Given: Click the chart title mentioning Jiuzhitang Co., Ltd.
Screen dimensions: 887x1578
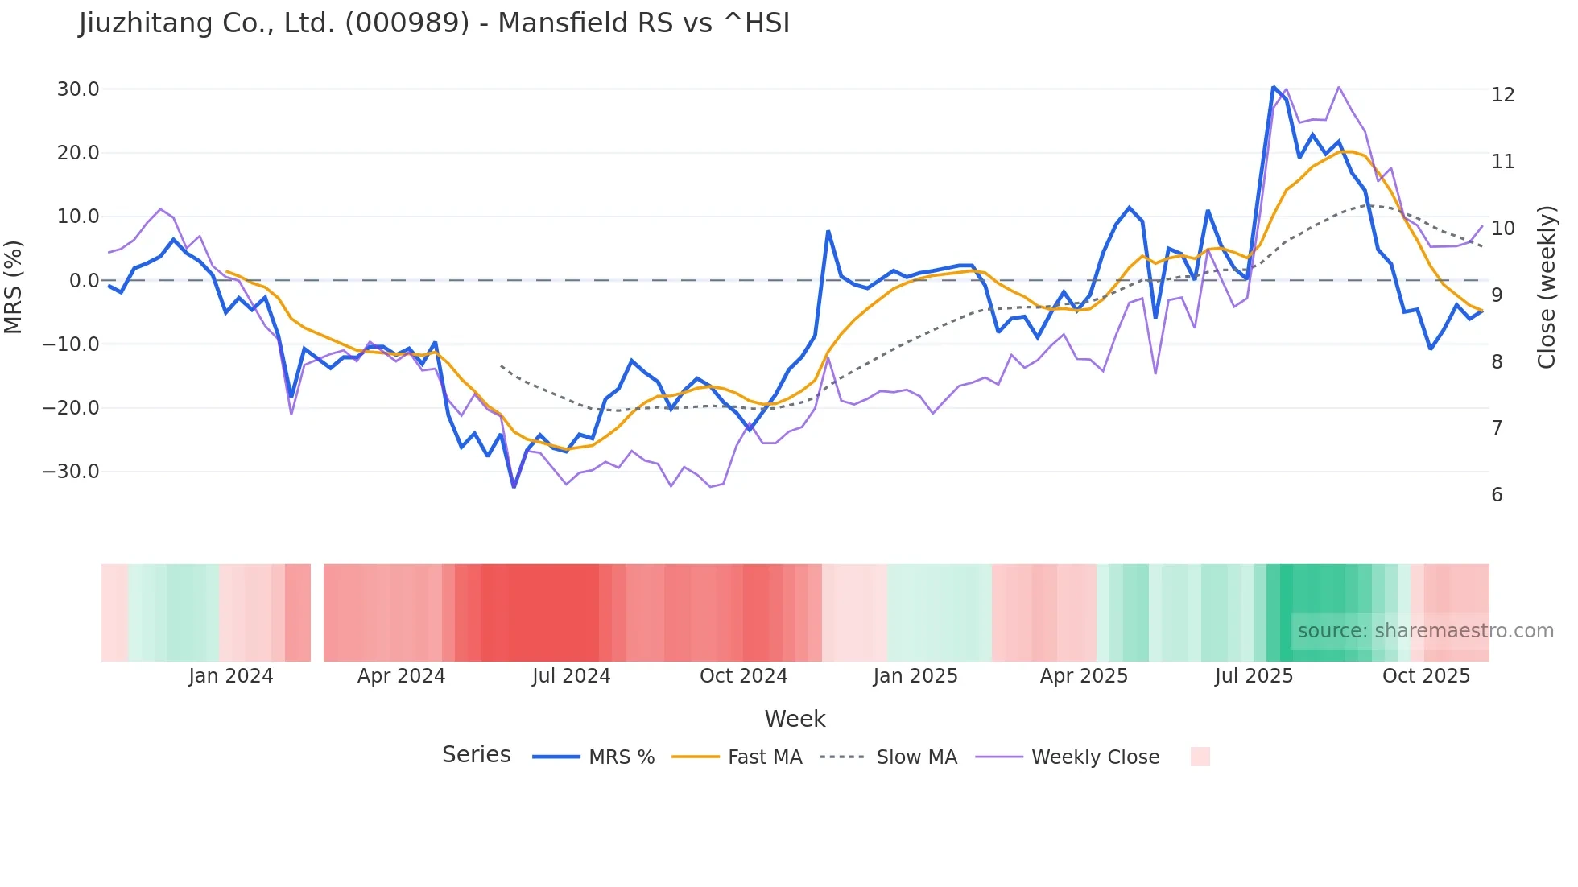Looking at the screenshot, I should tap(435, 23).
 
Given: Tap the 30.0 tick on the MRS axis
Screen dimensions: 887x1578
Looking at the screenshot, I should tap(78, 89).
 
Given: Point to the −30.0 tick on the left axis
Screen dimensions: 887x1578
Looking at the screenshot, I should tap(71, 472).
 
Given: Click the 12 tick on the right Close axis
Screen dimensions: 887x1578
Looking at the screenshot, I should tap(1502, 95).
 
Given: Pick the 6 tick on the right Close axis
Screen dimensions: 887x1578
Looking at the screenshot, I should tap(1497, 495).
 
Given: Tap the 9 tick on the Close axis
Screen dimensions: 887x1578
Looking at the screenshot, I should tap(1497, 295).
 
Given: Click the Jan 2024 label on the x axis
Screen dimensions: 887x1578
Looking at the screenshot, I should tap(231, 676).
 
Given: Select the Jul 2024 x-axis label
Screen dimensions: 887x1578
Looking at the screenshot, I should tap(572, 676).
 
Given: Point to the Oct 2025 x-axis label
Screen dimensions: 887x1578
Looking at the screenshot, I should tap(1426, 676).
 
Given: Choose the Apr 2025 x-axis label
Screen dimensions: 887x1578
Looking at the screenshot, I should tap(1084, 676).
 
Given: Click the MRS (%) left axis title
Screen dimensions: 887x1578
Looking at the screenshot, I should tap(13, 287).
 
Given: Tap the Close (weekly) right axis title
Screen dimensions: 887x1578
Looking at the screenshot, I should tap(1547, 287).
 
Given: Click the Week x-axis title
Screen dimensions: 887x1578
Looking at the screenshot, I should tap(795, 719).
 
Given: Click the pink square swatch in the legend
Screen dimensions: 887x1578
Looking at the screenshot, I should tap(1200, 757).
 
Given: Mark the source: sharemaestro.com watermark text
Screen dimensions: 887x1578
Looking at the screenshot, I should tap(1425, 631).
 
